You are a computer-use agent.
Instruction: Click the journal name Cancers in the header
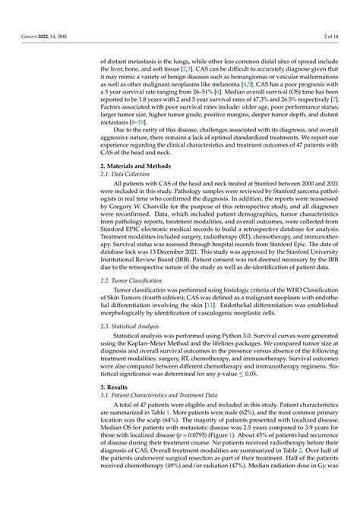pyautogui.click(x=27, y=36)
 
